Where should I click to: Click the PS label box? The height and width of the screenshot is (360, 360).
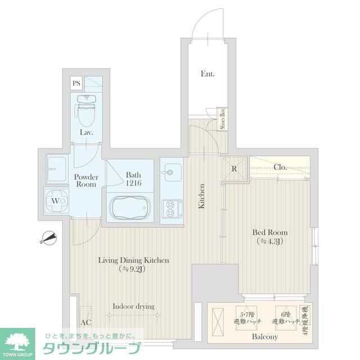(76, 84)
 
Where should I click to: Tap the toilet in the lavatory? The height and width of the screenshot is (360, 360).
(87, 111)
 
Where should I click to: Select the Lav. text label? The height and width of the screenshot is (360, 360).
(86, 133)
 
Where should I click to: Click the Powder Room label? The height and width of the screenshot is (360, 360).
(86, 181)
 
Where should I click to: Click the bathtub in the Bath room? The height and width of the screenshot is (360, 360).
(130, 209)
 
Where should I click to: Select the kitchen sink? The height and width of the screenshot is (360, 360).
(172, 171)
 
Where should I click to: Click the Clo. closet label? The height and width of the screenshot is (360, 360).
(280, 167)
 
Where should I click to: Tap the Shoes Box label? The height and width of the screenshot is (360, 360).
(222, 119)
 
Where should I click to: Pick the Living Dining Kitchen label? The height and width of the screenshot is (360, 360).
(133, 264)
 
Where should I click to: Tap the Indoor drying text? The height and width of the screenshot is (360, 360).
(133, 306)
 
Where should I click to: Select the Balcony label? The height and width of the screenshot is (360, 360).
(264, 336)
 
